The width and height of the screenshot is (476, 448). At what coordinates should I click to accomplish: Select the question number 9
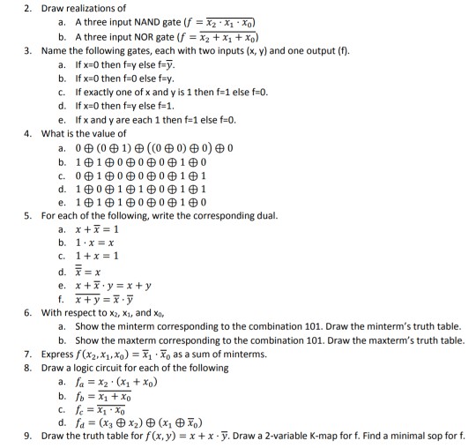click(29, 437)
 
